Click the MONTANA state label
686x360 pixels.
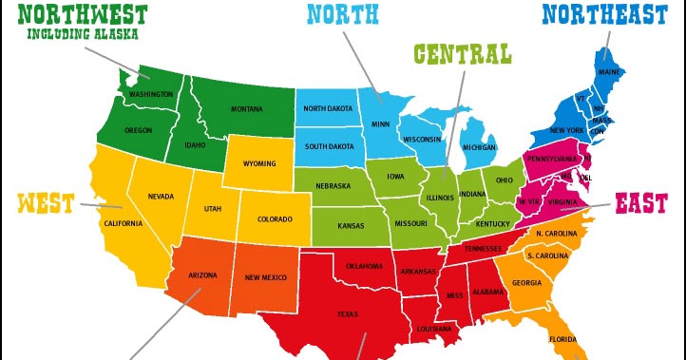pyautogui.click(x=247, y=108)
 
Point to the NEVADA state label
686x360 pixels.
pyautogui.click(x=161, y=197)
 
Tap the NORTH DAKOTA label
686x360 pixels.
pyautogui.click(x=328, y=108)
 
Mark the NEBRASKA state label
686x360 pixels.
pyautogui.click(x=333, y=185)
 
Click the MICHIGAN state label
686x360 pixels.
pyautogui.click(x=479, y=148)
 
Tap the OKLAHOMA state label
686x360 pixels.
pyautogui.click(x=364, y=266)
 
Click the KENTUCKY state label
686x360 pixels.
pyautogui.click(x=493, y=224)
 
